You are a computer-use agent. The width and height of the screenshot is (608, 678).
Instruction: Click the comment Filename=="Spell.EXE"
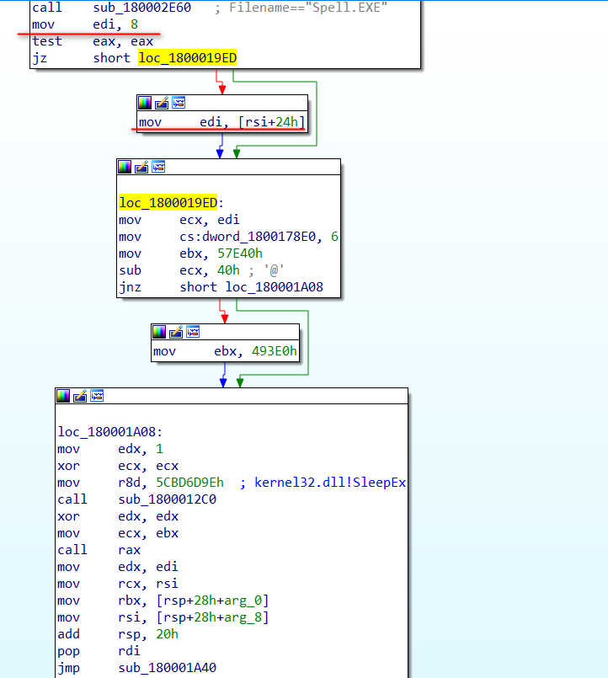(307, 8)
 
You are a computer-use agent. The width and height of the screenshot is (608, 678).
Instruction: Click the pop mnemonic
(67, 651)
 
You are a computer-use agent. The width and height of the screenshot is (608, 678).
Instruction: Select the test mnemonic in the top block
(46, 41)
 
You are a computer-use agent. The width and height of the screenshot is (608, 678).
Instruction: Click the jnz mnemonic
(130, 287)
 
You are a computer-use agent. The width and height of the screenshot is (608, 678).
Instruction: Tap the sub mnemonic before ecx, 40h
(130, 270)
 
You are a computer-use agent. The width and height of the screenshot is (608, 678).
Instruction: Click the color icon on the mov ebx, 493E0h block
(160, 332)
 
